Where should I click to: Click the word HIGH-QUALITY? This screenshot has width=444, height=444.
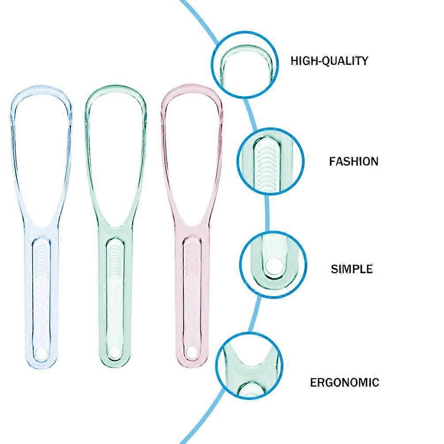(x=329, y=61)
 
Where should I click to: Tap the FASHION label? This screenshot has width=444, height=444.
(x=354, y=161)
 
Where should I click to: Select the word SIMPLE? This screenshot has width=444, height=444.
(x=352, y=269)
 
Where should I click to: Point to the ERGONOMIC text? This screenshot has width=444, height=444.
(x=344, y=383)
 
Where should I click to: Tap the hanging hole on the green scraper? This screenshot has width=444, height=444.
(x=114, y=352)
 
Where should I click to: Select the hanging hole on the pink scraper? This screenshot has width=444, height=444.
(x=190, y=351)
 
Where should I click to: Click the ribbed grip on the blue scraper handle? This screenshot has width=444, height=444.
(x=42, y=261)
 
